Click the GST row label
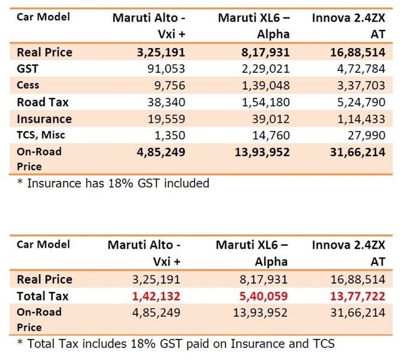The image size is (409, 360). (x=28, y=69)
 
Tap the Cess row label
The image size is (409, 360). (x=28, y=85)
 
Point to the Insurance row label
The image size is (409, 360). (x=44, y=119)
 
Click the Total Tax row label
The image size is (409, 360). (x=43, y=296)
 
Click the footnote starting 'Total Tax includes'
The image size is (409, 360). (x=175, y=344)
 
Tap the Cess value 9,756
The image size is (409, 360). (x=169, y=85)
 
